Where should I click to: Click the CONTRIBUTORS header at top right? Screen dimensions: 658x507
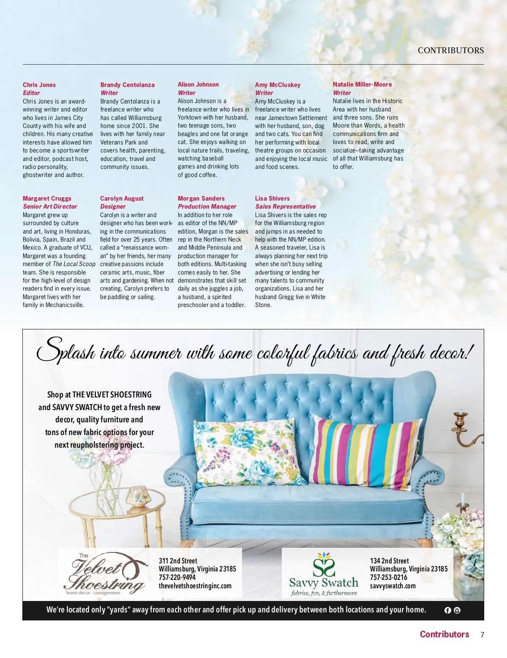pyautogui.click(x=451, y=50)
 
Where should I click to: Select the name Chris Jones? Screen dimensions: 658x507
pyautogui.click(x=39, y=85)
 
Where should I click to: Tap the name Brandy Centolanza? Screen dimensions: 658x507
pyautogui.click(x=127, y=85)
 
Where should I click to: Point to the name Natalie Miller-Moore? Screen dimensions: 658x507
pyautogui.click(x=362, y=84)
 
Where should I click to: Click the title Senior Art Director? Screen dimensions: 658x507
pyautogui.click(x=50, y=207)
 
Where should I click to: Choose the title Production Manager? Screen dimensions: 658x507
pyautogui.click(x=207, y=207)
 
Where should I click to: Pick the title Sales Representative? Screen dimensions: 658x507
pyautogui.click(x=285, y=207)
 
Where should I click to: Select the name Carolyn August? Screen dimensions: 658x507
pyautogui.click(x=122, y=198)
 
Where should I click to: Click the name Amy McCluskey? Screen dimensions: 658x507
pyautogui.click(x=278, y=85)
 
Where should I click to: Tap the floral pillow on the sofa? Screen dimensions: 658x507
pyautogui.click(x=247, y=452)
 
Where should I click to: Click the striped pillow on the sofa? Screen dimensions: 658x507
pyautogui.click(x=365, y=452)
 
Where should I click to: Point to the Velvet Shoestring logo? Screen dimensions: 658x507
pyautogui.click(x=106, y=574)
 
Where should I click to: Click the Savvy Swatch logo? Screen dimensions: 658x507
pyautogui.click(x=324, y=574)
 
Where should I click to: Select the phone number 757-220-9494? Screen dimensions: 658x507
pyautogui.click(x=177, y=577)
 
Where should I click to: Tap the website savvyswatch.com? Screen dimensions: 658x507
pyautogui.click(x=393, y=586)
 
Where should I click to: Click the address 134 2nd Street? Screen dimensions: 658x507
pyautogui.click(x=389, y=561)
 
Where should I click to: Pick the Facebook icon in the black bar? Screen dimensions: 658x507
pyautogui.click(x=448, y=610)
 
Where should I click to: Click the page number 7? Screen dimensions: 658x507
pyautogui.click(x=482, y=634)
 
